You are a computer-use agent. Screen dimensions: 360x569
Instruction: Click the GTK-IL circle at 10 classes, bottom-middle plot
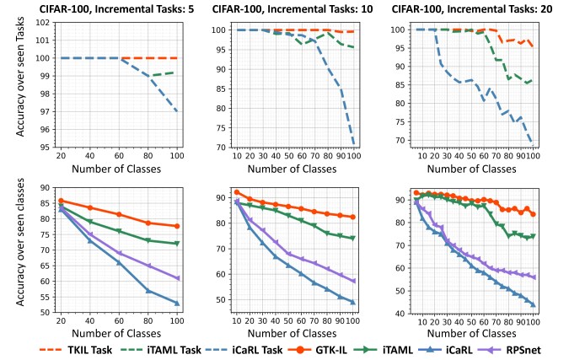pos(237,192)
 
